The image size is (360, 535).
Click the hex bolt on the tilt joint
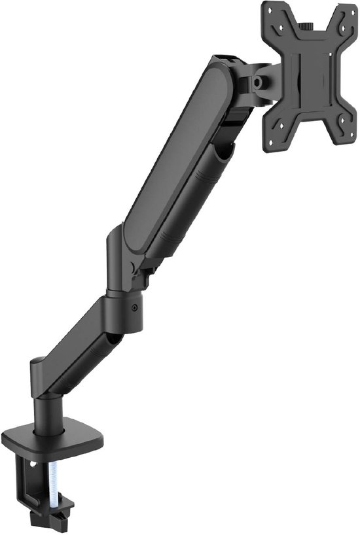point(259,82)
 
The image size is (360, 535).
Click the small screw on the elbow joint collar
point(135,307)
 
